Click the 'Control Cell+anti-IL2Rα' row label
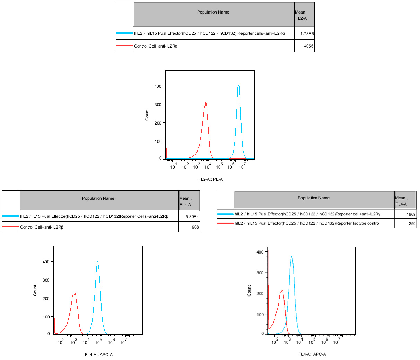[x=156, y=46]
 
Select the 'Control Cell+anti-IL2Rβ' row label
[x=42, y=227]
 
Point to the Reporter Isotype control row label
[x=307, y=223]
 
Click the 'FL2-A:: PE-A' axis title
[x=210, y=179]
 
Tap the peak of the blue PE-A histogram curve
[x=239, y=85]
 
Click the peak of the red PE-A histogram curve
[x=206, y=103]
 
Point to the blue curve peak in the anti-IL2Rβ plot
[x=97, y=261]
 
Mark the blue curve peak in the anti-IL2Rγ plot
[x=292, y=257]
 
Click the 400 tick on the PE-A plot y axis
[x=158, y=86]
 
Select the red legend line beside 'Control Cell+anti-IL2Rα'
[x=125, y=45]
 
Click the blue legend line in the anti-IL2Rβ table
[x=11, y=216]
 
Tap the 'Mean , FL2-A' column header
[x=304, y=15]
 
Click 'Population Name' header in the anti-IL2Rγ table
[x=314, y=198]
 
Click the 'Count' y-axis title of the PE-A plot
[x=147, y=115]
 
